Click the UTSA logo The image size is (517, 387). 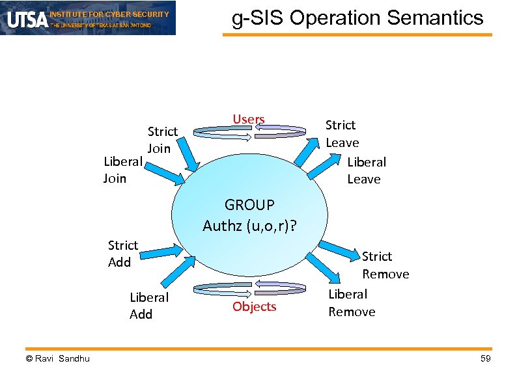[27, 19]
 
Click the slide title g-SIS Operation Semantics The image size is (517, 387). [357, 18]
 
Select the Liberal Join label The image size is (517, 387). [122, 169]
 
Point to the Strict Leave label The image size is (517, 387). [342, 133]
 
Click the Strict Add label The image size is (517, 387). [122, 254]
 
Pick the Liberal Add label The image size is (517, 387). [148, 306]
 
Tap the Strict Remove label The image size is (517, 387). [385, 265]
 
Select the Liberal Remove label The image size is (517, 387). [352, 303]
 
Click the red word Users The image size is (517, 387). [249, 119]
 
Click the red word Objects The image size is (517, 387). [254, 306]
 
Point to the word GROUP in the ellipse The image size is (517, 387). [249, 206]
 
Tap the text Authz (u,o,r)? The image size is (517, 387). [249, 226]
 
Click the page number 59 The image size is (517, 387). [484, 360]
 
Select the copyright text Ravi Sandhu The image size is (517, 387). [58, 360]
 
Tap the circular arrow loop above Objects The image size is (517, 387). [251, 288]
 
